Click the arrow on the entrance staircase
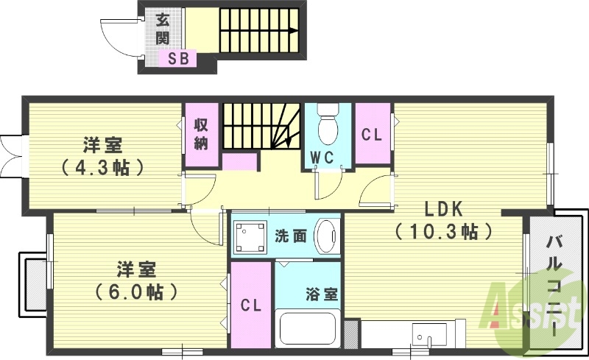(292, 31)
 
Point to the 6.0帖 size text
(138, 292)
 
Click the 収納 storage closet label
(201, 134)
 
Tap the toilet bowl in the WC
(327, 130)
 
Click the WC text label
(323, 157)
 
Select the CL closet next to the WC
(372, 135)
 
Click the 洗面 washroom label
(289, 236)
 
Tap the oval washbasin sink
(326, 236)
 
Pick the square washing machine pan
(250, 236)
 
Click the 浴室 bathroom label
(321, 294)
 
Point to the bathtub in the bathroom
(307, 328)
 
